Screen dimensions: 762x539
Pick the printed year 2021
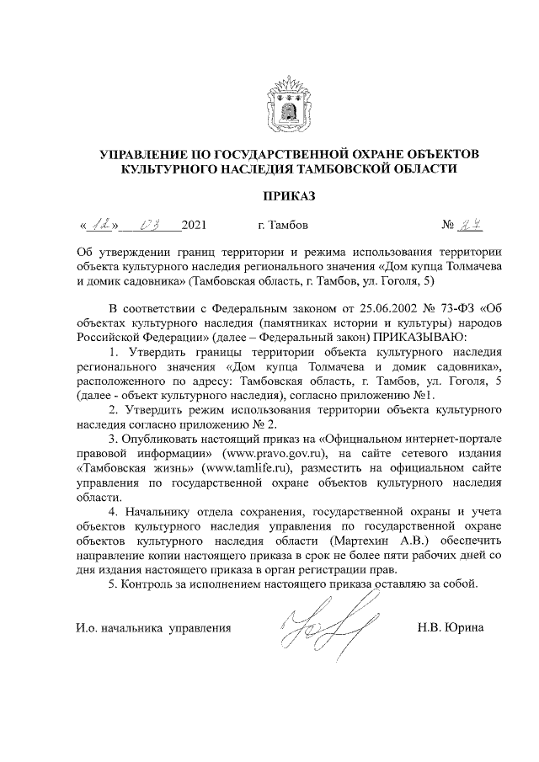point(194,226)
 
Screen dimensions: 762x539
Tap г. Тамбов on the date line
point(283,226)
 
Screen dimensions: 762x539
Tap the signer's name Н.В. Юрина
point(450,628)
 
